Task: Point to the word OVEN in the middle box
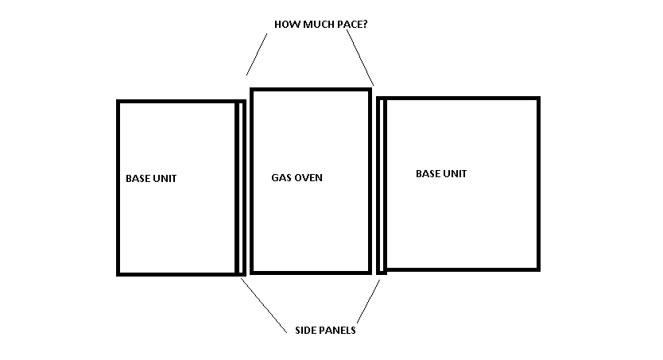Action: (x=309, y=178)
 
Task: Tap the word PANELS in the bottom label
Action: (x=338, y=331)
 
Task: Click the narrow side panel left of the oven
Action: (x=240, y=188)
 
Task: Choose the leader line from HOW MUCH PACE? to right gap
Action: (x=360, y=57)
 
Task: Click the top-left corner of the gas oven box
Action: (x=252, y=90)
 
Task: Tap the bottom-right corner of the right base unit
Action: (x=538, y=269)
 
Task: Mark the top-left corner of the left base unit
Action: (x=118, y=102)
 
